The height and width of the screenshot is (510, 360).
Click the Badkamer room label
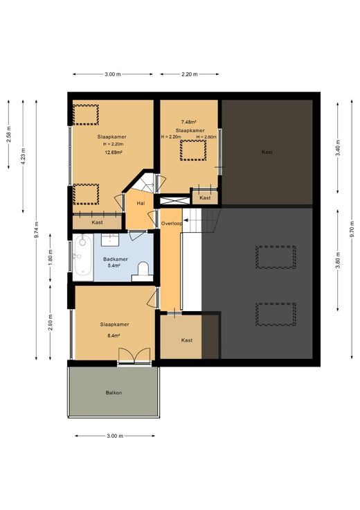116,259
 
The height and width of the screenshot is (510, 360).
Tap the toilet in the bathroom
143,272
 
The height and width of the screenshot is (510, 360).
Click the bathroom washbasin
110,240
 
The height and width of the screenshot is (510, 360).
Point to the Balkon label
114,393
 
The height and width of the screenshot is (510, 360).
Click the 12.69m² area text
113,152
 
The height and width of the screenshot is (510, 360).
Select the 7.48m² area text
189,122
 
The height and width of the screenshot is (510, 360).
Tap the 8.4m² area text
114,335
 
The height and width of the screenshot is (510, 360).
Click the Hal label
141,203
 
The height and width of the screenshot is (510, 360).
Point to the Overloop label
172,223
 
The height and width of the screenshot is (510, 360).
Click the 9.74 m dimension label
37,229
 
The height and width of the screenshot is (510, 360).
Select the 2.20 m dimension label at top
190,74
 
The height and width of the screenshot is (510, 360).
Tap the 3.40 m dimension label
338,148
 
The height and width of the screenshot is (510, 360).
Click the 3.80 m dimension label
338,261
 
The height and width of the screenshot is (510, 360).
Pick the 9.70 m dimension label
352,229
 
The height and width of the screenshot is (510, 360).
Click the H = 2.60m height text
206,137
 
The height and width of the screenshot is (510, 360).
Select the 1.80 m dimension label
51,257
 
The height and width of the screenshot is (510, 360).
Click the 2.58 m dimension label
9,134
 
